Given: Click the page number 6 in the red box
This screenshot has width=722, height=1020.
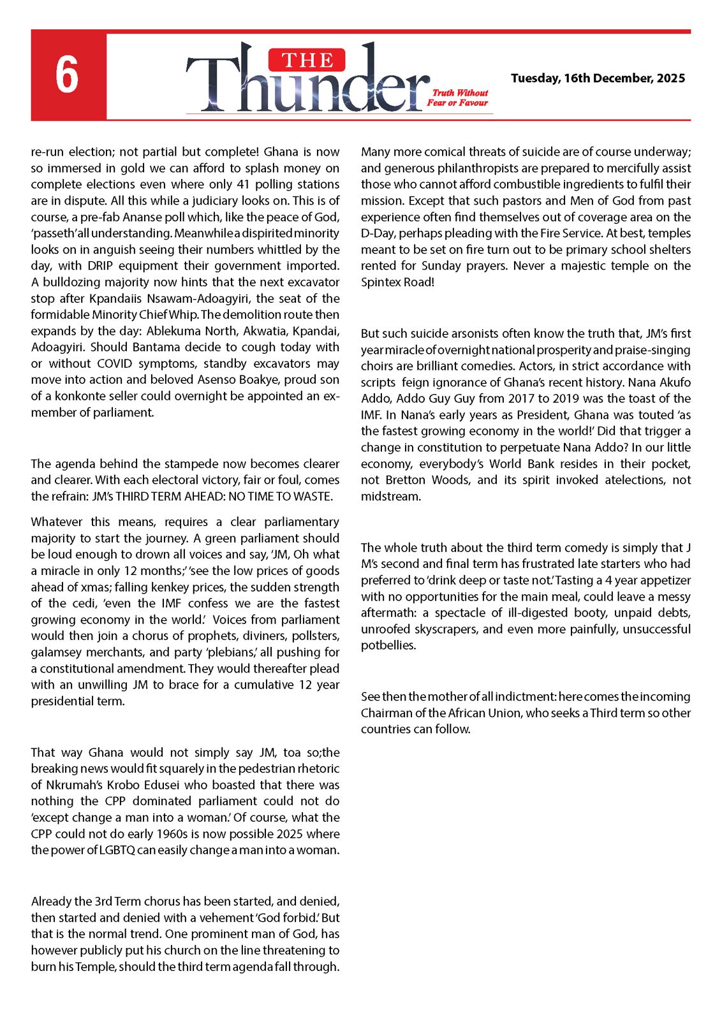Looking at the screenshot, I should coord(67,75).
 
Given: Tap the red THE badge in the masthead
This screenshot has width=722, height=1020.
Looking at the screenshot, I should coord(307,61).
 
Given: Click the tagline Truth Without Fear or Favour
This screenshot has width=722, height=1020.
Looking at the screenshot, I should coord(458,98).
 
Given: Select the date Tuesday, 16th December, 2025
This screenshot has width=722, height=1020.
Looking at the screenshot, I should coord(598,78).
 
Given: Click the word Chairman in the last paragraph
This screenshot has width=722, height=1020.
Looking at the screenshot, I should coord(386,713).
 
